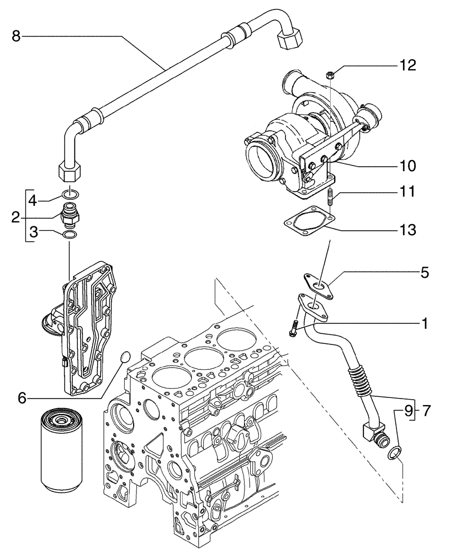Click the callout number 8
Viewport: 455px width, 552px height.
tap(16, 36)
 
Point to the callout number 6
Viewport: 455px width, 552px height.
tap(22, 397)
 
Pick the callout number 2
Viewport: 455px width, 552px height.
tap(16, 217)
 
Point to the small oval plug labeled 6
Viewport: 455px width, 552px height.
tap(125, 356)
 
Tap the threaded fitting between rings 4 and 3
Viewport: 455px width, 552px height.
tap(70, 214)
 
